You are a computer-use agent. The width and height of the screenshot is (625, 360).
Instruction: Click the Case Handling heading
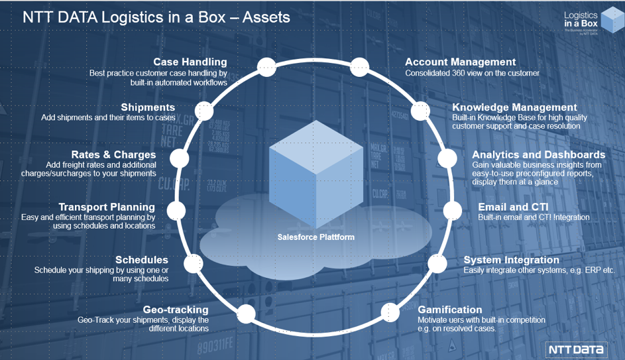(x=190, y=62)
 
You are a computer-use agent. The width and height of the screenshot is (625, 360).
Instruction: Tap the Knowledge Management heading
(x=514, y=107)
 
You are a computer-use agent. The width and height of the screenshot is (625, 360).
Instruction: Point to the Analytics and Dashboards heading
(x=538, y=155)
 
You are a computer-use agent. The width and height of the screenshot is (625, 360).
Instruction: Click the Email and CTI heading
(x=513, y=207)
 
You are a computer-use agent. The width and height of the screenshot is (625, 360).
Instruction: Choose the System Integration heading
(x=511, y=260)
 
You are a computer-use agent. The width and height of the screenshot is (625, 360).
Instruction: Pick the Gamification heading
(x=450, y=310)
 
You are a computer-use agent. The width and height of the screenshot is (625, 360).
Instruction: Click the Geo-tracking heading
(x=176, y=310)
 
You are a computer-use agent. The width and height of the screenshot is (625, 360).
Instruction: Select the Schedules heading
(x=141, y=260)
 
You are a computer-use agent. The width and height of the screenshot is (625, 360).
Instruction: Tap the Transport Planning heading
(x=107, y=207)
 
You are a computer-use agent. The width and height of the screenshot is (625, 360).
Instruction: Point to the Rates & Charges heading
(x=113, y=155)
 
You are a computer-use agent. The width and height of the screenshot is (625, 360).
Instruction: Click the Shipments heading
(x=148, y=107)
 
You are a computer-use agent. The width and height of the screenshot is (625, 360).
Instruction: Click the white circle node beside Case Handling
(x=266, y=66)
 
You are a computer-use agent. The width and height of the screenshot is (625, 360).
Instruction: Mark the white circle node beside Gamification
(x=390, y=311)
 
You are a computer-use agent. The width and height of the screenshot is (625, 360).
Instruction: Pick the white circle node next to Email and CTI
(x=453, y=211)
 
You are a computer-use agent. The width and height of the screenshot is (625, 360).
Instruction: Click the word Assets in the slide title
(x=266, y=17)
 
